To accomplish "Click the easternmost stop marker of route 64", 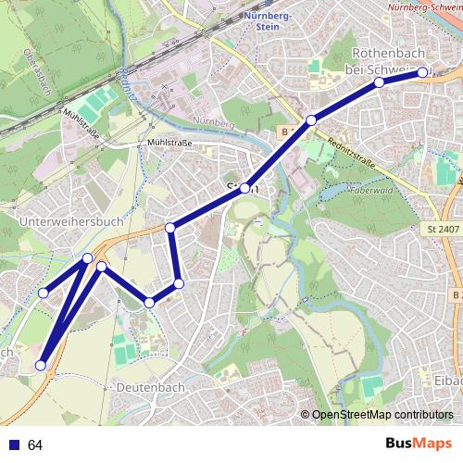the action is [x=422, y=71].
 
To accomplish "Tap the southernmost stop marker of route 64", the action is [x=41, y=366].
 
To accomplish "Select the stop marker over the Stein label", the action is [x=245, y=188].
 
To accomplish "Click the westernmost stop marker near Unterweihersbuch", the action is [x=43, y=293].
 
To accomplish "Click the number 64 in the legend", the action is [x=36, y=445].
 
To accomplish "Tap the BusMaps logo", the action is [x=415, y=444].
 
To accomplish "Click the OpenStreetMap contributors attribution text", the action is [x=382, y=415].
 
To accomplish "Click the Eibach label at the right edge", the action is [x=447, y=380].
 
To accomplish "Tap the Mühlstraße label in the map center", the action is [x=169, y=144].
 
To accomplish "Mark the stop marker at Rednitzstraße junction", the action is [x=312, y=120].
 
